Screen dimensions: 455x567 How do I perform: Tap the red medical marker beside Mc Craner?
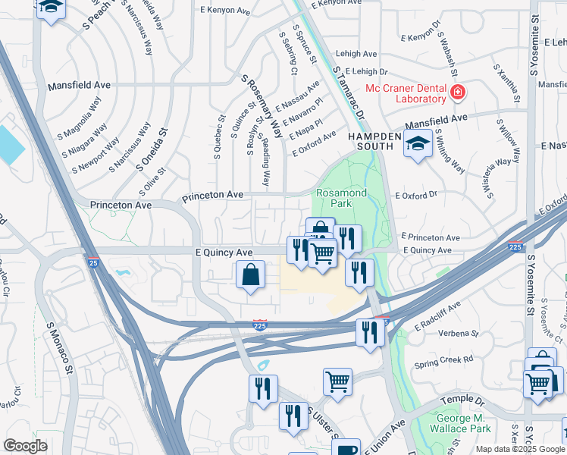point(457,93)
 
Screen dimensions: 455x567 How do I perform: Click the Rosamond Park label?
point(341,199)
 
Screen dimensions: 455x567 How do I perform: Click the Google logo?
point(25,446)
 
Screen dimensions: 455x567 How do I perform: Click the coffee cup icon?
point(347,449)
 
